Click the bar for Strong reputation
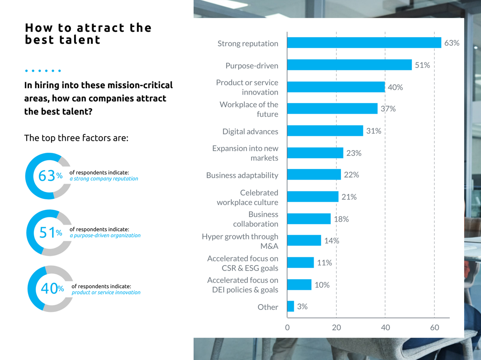coord(364,43)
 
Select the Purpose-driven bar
coord(349,65)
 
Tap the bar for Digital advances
coord(325,131)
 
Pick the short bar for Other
coord(290,306)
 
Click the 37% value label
coord(388,109)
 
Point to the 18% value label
coord(341,219)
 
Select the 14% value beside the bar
coord(331,241)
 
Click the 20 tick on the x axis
coord(336,327)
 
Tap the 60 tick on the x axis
coord(434,327)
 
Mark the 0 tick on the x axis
coord(287,327)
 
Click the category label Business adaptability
coord(242,175)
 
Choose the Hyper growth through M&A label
coord(240,241)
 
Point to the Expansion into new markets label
coord(245,153)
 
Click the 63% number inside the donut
coord(50,176)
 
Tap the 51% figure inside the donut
coord(50,233)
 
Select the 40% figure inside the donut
coord(52,289)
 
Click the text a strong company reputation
coord(104,179)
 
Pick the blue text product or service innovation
coord(106,292)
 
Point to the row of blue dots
coord(42,71)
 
